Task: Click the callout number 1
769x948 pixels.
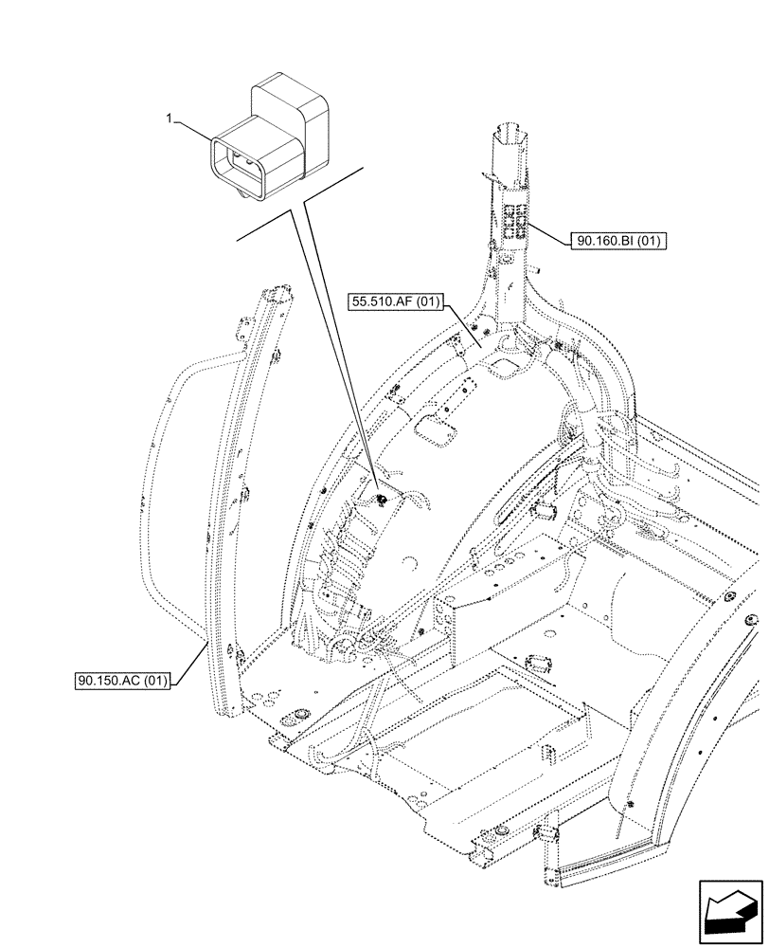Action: [x=169, y=118]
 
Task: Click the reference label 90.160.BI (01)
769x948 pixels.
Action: [x=619, y=242]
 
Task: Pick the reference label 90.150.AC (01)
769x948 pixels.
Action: [x=123, y=681]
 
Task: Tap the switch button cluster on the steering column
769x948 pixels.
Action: [x=515, y=222]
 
